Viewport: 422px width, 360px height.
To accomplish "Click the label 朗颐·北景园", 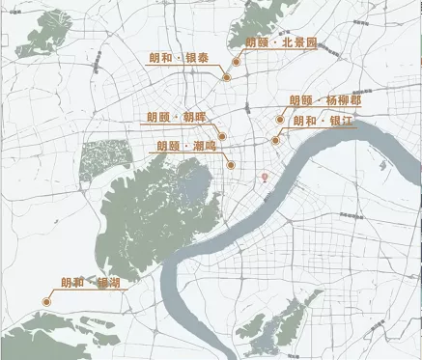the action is (x=282, y=42).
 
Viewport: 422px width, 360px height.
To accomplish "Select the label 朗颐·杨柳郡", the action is (x=329, y=100).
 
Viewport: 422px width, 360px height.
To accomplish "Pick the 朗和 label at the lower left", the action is (x=90, y=283).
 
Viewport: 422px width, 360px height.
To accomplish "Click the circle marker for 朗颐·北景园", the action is (x=236, y=61).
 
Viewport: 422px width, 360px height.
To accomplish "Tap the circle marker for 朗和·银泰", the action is (x=226, y=76).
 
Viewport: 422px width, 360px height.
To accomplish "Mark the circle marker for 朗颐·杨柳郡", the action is (x=281, y=121).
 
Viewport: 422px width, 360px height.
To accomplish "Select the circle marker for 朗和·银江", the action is (x=275, y=140).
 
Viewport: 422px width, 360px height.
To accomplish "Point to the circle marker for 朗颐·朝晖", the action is (x=222, y=136).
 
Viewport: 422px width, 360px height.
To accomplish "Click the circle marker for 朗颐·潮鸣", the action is (x=232, y=165).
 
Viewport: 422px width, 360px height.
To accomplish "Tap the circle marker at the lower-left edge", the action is (x=45, y=302).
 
